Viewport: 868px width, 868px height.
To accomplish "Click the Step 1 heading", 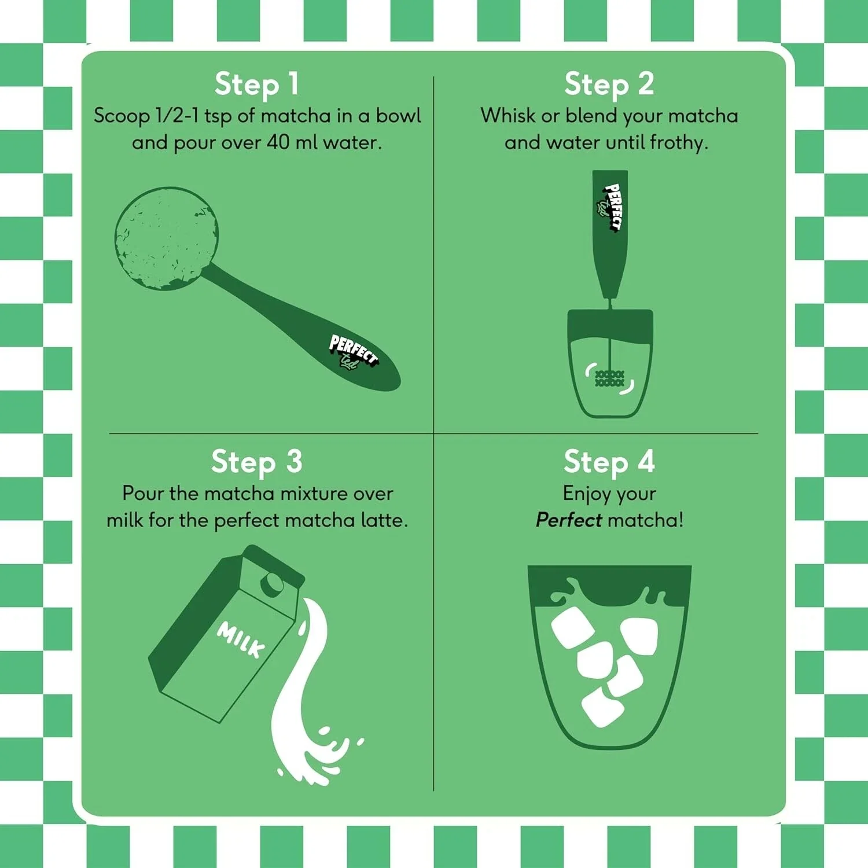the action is (257, 84).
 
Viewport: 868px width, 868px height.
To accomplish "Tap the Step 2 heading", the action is (609, 84).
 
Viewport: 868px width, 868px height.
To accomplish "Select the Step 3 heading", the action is (257, 462).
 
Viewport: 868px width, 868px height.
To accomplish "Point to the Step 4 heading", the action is (609, 462).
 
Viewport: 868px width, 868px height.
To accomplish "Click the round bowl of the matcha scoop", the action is (167, 238).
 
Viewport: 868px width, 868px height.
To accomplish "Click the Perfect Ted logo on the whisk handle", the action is (611, 207).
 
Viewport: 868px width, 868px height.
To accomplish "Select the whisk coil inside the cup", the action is (610, 378).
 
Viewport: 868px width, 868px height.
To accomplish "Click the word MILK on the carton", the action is (241, 639).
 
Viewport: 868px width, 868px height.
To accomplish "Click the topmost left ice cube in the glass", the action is (573, 627).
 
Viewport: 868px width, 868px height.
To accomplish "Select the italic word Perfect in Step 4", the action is (569, 520).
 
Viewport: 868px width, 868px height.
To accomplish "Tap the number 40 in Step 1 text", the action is (278, 142).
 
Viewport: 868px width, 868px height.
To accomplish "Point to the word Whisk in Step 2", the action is (508, 116).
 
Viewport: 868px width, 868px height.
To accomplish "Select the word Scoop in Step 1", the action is (122, 116).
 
